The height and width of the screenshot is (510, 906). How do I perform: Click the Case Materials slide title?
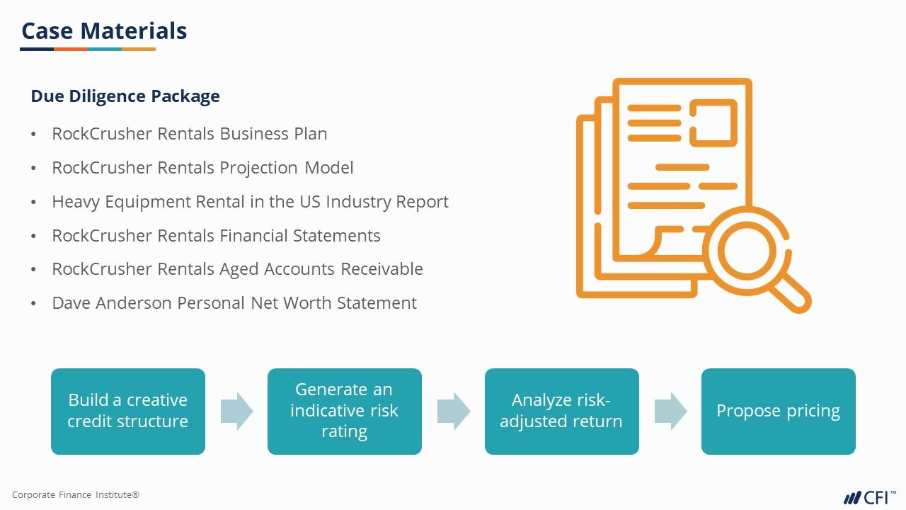click(x=104, y=31)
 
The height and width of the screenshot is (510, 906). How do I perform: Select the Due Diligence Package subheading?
click(x=125, y=96)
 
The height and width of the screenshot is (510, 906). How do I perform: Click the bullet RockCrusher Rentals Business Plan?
click(x=189, y=134)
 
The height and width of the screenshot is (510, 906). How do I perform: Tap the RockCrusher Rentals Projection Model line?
click(x=202, y=168)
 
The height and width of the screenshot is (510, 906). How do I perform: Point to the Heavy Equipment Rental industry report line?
click(x=250, y=202)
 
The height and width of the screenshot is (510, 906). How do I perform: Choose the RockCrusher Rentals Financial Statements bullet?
click(x=216, y=236)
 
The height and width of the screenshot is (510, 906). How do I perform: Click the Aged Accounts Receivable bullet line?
click(x=237, y=269)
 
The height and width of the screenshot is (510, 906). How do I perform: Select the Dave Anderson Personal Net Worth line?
click(x=234, y=303)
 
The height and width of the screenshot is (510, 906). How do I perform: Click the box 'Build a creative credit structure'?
click(x=128, y=411)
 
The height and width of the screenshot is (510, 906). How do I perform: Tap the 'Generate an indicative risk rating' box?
click(x=345, y=411)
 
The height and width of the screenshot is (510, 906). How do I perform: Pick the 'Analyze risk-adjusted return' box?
click(x=561, y=411)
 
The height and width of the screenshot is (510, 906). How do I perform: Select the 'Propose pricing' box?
click(x=778, y=411)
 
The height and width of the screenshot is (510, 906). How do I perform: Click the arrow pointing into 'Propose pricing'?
click(x=670, y=411)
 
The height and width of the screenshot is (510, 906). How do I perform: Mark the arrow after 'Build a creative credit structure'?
click(x=236, y=411)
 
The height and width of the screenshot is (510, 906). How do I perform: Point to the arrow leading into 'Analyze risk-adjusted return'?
click(x=453, y=411)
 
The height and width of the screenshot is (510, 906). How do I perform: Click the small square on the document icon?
click(x=713, y=123)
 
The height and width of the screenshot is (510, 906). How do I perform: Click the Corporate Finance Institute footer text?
click(x=76, y=495)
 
